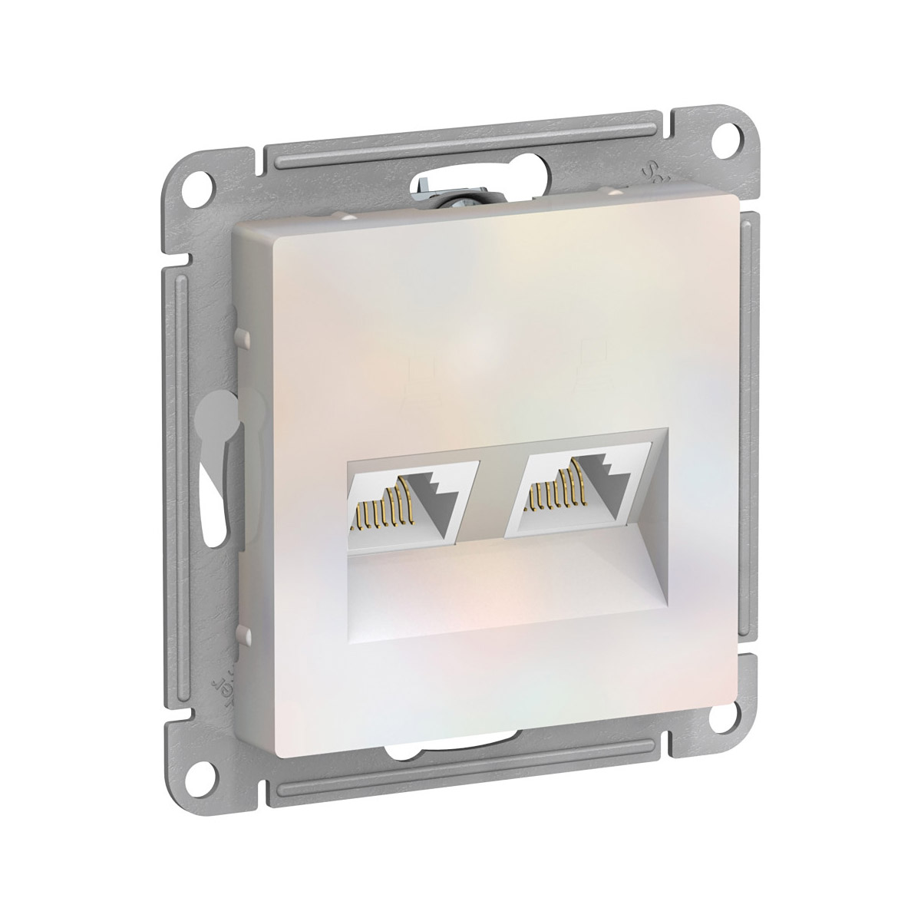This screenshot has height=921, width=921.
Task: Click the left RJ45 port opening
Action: (x=411, y=502)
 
